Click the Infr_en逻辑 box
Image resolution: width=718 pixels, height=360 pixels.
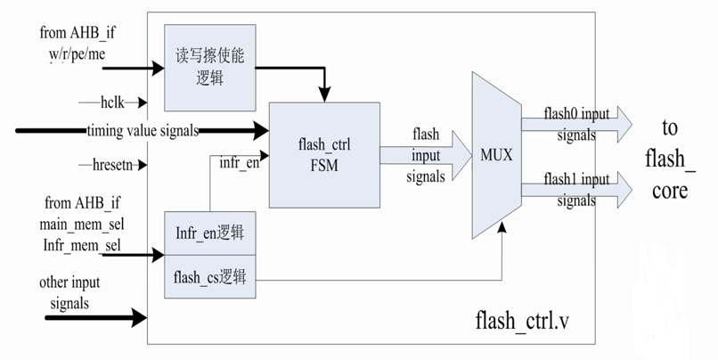[x=209, y=233]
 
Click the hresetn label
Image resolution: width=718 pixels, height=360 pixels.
[x=116, y=165]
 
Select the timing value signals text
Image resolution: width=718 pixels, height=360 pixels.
[x=143, y=132]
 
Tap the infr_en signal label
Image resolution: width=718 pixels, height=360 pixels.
[x=240, y=162]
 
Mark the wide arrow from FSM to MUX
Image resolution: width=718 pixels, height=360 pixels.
[x=426, y=154]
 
